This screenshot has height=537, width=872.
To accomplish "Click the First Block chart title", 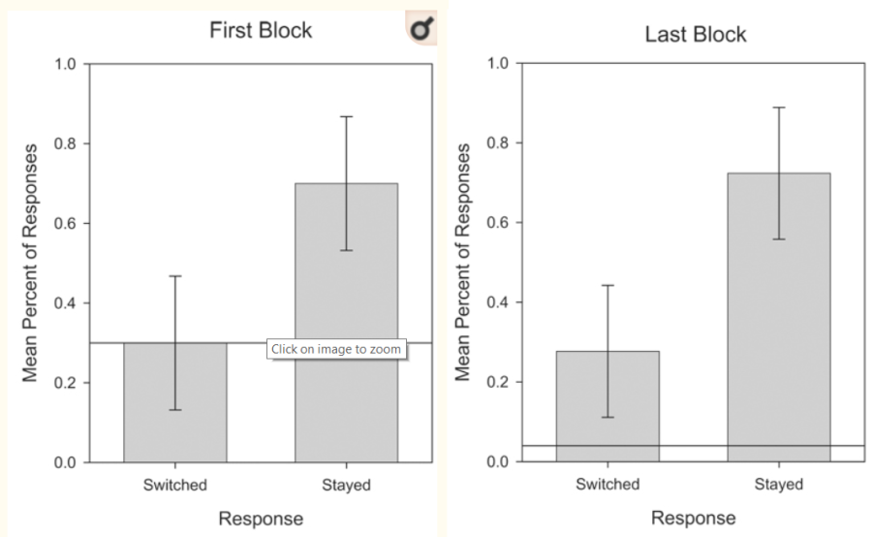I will click(x=261, y=30).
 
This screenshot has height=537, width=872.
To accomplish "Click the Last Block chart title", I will click(x=695, y=35).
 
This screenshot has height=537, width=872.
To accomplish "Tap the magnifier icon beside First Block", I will click(x=421, y=30).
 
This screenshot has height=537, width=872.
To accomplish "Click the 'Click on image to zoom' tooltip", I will click(x=336, y=349).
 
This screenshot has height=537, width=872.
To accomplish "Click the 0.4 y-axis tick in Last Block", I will click(x=496, y=302).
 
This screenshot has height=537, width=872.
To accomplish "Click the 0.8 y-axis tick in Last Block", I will click(x=496, y=143).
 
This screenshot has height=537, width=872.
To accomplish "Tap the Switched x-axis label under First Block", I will click(x=174, y=485).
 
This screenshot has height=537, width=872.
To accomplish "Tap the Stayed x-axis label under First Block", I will click(x=346, y=485).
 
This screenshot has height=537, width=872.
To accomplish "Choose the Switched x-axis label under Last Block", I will click(x=607, y=485).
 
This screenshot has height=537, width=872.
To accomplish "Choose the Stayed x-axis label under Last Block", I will click(x=778, y=485).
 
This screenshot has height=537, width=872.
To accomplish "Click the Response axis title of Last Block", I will click(x=693, y=519).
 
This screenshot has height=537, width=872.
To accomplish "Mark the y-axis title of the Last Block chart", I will click(x=463, y=262).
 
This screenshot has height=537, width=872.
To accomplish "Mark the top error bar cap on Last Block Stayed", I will click(x=778, y=108).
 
